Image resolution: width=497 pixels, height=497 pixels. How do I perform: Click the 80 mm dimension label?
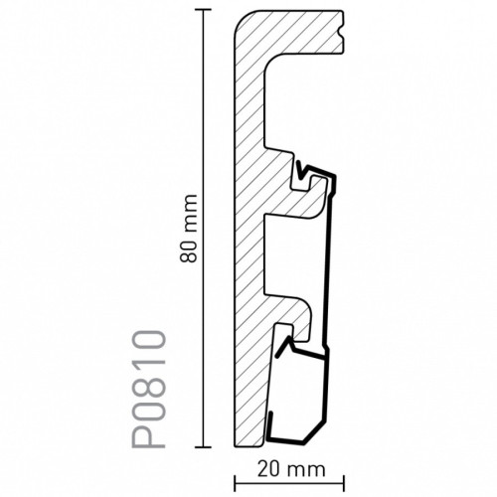coord(188,229)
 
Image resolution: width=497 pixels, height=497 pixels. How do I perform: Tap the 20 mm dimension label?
coord(290,469)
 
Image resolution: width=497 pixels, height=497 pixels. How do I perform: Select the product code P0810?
coord(149,389)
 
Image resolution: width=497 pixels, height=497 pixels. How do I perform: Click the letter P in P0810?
coord(149,436)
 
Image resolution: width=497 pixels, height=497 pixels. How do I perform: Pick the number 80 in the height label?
coord(188,251)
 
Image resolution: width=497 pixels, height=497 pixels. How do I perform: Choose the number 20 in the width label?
coord(269,469)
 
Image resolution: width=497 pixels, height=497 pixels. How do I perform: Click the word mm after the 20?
coord(306,471)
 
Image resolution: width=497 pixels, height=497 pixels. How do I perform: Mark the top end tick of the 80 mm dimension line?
coord(203,10)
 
